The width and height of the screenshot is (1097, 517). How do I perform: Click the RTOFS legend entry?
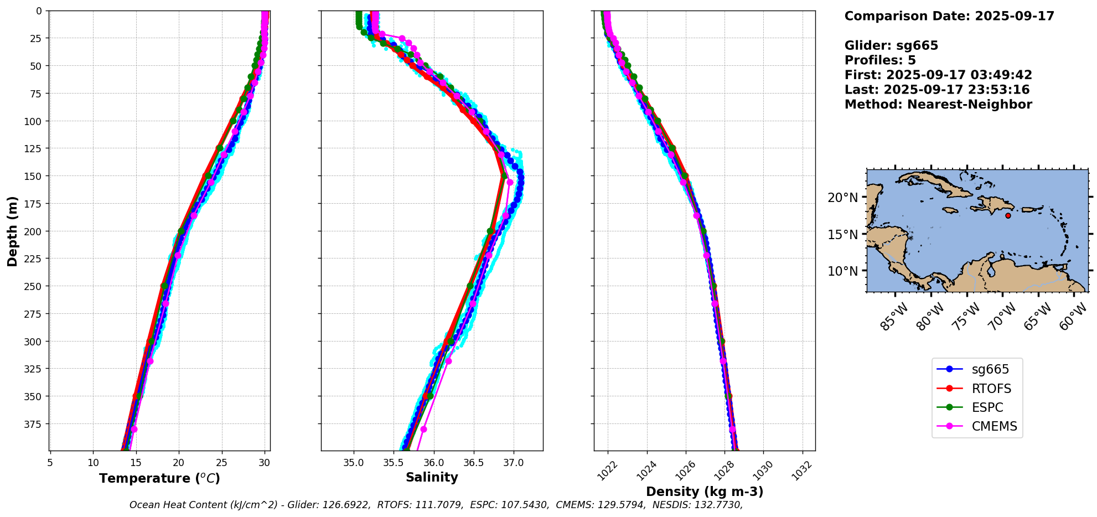pos(991,389)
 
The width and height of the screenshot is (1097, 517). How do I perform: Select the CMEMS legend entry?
pos(994,426)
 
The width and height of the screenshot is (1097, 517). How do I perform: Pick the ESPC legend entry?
pos(987,407)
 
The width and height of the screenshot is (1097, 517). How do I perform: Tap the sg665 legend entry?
pos(990,369)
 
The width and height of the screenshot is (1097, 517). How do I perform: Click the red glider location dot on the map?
pos(1008,215)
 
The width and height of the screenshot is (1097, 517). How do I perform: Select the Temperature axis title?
pos(159,478)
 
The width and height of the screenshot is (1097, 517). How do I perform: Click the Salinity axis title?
pos(432,477)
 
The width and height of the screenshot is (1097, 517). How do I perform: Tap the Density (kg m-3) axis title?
pos(704,492)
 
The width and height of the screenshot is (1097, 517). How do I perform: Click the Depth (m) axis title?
pos(12,231)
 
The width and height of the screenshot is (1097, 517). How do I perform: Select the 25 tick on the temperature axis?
pos(221,462)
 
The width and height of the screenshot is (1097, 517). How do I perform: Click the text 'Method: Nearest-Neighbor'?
pos(938,105)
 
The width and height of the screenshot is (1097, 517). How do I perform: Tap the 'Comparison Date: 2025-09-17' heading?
pos(949,16)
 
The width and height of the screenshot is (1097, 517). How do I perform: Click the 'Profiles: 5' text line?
pos(880,60)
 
